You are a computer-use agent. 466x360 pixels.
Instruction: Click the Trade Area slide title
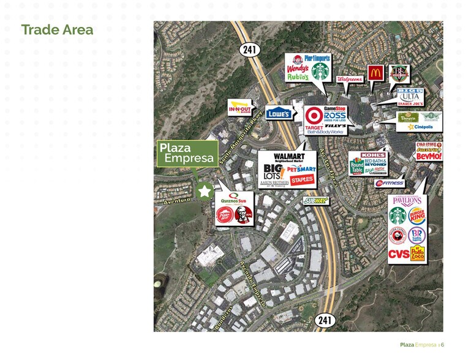(x=57, y=29)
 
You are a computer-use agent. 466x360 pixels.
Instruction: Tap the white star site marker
(x=205, y=190)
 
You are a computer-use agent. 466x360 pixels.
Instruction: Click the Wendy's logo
(x=297, y=69)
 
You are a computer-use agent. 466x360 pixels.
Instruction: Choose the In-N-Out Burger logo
(x=239, y=108)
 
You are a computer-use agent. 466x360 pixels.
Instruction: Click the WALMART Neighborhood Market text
(x=279, y=158)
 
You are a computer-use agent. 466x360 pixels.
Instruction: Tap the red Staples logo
(x=302, y=179)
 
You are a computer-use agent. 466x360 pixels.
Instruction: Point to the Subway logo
(x=315, y=200)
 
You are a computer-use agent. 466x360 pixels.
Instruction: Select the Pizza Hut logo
(x=224, y=216)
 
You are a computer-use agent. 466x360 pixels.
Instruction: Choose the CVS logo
(x=399, y=253)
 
